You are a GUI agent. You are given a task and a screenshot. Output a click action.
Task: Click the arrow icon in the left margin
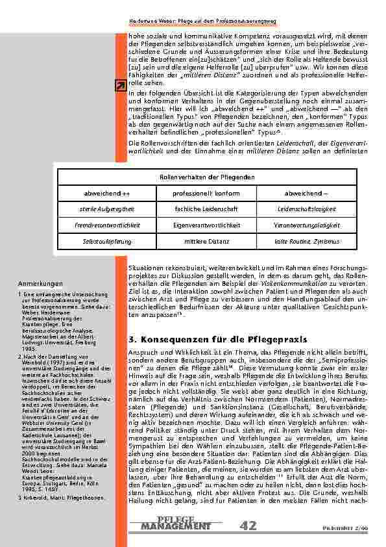[121, 86]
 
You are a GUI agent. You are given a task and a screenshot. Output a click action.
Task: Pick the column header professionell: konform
[206, 194]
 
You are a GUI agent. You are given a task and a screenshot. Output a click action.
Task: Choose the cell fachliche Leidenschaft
[206, 210]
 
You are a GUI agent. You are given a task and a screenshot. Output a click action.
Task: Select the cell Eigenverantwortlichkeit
[206, 225]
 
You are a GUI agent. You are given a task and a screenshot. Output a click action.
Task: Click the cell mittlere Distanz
[206, 241]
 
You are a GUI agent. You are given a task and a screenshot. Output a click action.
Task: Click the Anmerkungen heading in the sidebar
[40, 284]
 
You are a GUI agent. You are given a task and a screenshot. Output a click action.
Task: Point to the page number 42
[248, 524]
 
